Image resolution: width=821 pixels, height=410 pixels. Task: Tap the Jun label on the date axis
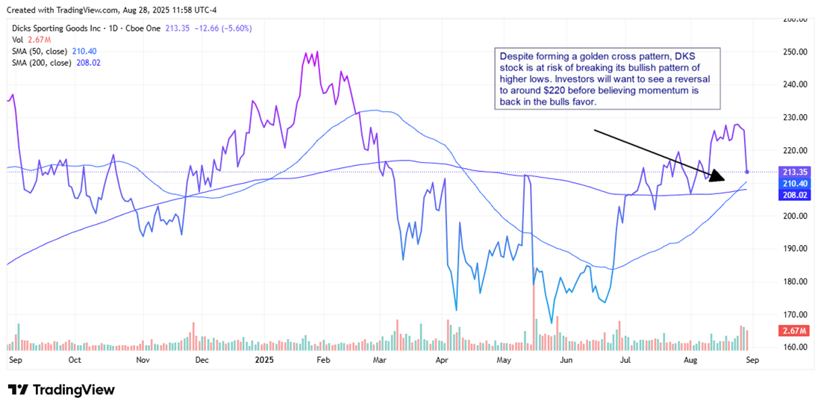coord(567,359)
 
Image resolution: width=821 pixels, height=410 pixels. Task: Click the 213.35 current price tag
coord(790,173)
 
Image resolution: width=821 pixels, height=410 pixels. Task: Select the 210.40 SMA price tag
coord(790,183)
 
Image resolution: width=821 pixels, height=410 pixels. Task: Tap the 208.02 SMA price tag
coord(790,194)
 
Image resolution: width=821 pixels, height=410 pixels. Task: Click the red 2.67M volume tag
coord(790,331)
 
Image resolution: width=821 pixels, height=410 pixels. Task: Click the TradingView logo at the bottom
coord(61,390)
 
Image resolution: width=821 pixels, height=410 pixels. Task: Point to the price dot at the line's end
coord(747,173)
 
